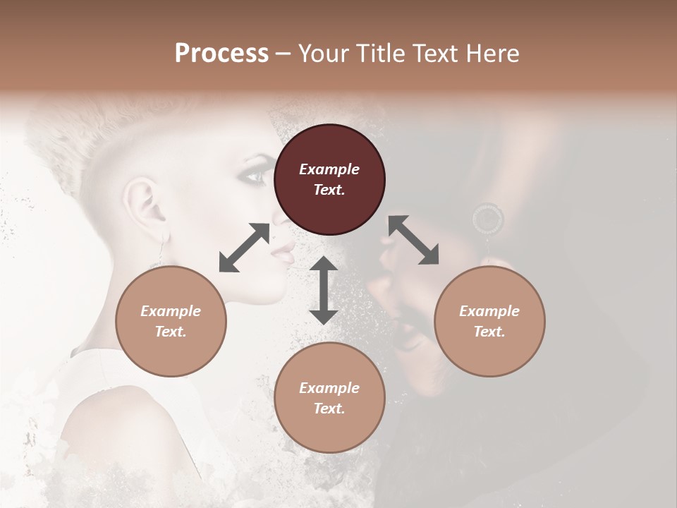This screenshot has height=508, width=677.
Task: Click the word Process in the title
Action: coord(221,54)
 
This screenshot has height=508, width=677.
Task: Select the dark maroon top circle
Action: coord(329,179)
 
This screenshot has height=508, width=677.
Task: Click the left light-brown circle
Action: coord(171,321)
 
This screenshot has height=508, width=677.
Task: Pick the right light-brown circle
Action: coord(489,321)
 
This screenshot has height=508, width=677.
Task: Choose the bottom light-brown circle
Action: coord(329,397)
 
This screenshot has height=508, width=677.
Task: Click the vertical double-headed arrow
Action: coord(324,290)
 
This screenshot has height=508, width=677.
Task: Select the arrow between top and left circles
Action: coord(245,248)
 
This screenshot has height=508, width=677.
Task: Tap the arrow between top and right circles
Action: coord(413,241)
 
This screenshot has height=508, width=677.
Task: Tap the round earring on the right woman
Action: coord(488,219)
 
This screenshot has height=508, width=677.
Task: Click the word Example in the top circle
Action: coord(329,169)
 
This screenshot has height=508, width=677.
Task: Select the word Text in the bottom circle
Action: coord(329,409)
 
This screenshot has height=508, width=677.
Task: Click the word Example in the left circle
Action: coord(171,311)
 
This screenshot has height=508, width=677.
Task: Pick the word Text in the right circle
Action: coord(489,332)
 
